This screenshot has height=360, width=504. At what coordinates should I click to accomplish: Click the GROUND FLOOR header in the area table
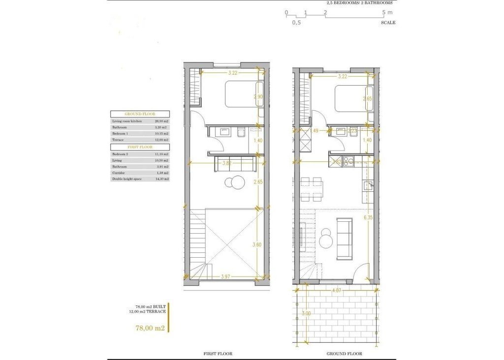[140, 114]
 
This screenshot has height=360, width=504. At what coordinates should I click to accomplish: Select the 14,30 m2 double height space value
[162, 180]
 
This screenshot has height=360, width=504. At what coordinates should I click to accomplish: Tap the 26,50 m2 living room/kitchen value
[162, 120]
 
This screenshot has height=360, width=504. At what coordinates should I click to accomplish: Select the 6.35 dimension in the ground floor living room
[367, 216]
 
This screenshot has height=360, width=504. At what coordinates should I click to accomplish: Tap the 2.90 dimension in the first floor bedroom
[257, 97]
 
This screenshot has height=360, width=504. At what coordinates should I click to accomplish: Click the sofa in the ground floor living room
[343, 239]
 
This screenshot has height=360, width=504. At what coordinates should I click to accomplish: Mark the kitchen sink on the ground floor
[367, 185]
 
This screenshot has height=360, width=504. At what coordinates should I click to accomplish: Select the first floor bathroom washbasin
[224, 132]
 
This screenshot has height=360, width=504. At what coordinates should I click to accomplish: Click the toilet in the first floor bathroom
[241, 132]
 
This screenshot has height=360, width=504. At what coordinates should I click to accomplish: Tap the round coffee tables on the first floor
[235, 182]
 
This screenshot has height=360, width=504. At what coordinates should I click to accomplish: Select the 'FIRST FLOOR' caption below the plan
[218, 354]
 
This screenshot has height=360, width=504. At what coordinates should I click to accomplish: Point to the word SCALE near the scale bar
[387, 23]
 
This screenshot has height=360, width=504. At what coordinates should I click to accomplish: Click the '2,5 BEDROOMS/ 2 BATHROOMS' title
[359, 3]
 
